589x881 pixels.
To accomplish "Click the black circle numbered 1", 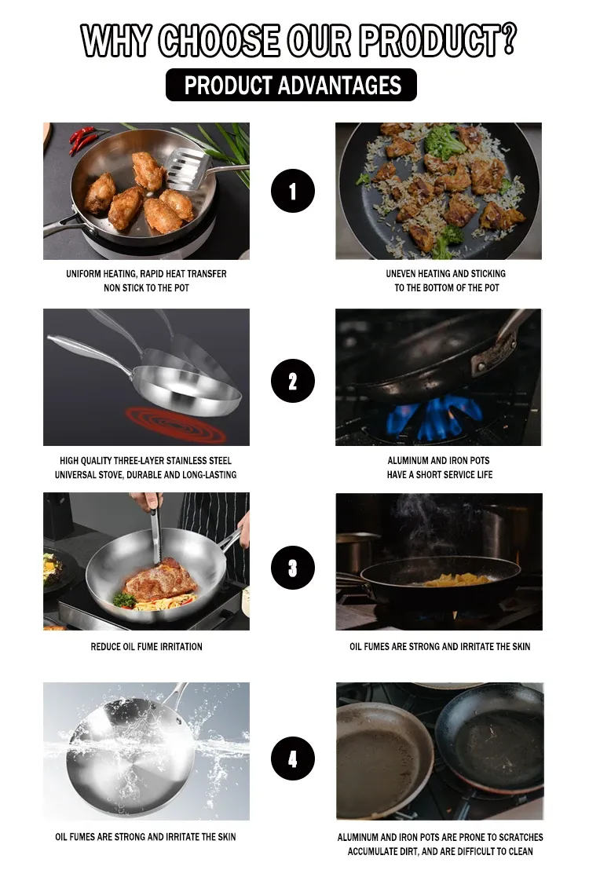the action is click(293, 191).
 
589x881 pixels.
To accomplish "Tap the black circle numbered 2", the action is click(293, 381).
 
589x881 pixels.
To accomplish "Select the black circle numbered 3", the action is click(293, 568).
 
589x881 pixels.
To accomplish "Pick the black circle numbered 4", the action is click(293, 759).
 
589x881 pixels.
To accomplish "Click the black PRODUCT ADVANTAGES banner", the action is click(291, 85).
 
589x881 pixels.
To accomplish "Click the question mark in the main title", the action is click(507, 38).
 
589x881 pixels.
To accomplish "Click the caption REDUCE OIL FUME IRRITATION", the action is click(147, 647).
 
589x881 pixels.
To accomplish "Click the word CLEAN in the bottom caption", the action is click(521, 851).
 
